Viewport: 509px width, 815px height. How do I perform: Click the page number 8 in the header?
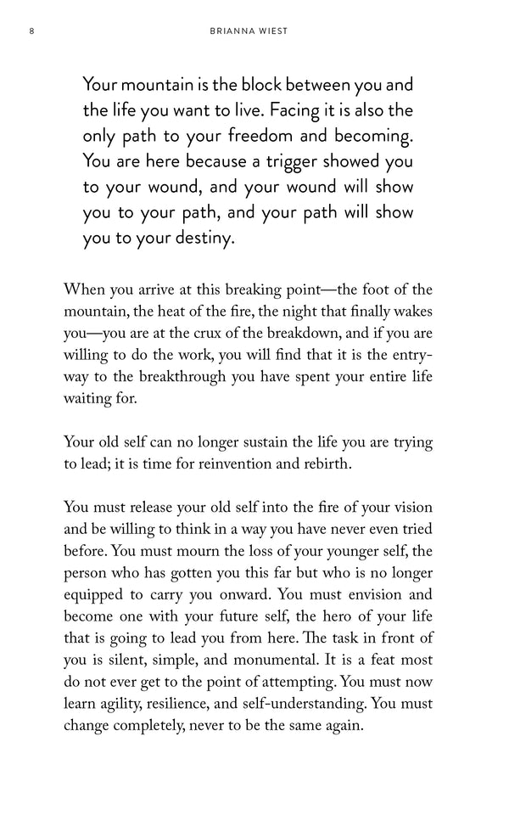[x=31, y=33]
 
